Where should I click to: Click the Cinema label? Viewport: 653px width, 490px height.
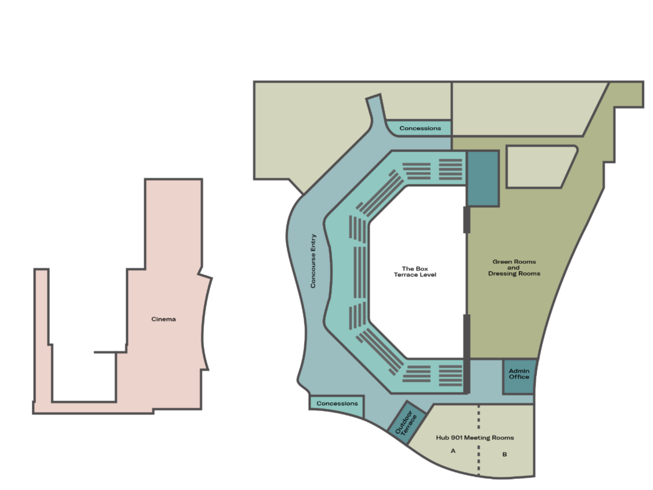point(164,319)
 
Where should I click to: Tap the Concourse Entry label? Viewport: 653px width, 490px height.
point(313,261)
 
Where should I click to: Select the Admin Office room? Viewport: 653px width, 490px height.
point(519,376)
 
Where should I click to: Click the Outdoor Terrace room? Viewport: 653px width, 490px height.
point(407,422)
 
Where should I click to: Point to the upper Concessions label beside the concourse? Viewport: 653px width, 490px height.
point(420,129)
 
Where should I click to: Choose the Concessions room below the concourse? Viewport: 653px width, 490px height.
point(337,406)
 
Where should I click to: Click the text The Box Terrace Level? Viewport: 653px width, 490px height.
point(415,272)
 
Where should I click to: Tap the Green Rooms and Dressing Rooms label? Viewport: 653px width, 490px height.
point(514,268)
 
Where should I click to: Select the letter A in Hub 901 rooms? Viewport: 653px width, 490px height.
point(453,451)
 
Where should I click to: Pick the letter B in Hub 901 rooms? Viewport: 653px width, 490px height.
point(505,454)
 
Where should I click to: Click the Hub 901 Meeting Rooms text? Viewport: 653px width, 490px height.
point(475,438)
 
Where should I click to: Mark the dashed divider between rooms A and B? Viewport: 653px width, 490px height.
point(479,440)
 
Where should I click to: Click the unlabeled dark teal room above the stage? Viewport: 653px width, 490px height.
point(483,179)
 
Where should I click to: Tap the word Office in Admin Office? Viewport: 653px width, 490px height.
point(519,377)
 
